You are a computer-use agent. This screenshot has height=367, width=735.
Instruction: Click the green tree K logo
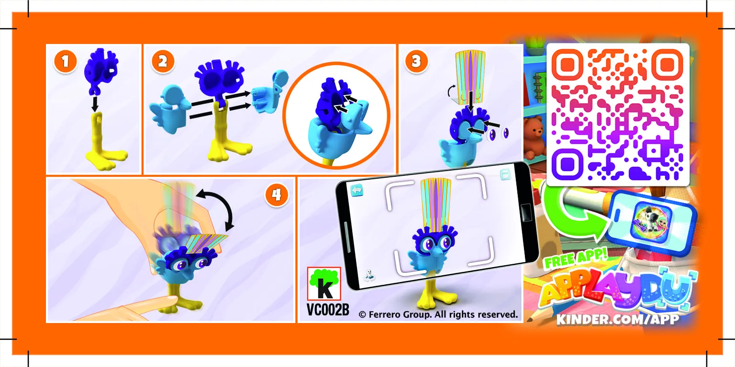pyautogui.click(x=324, y=284)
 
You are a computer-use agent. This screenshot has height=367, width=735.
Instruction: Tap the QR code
pyautogui.click(x=618, y=115)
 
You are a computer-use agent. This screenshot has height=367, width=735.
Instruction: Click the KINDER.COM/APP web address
pyautogui.click(x=617, y=319)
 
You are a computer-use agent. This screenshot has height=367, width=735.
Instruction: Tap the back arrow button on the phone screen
pyautogui.click(x=357, y=190)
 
